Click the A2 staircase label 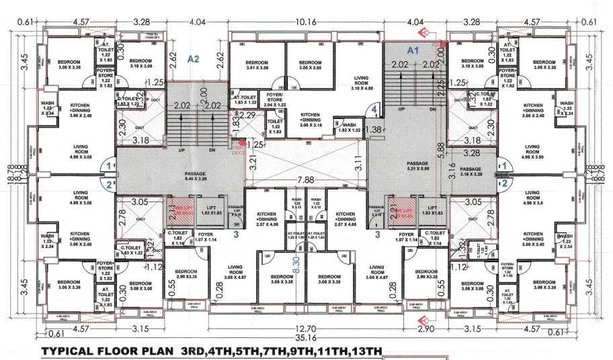coord(194,59)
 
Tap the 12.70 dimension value coord(305,329)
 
